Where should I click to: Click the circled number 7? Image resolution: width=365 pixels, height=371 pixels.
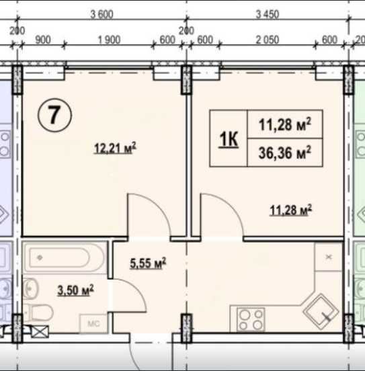[54, 115]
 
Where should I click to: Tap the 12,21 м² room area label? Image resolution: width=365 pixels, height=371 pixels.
[115, 149]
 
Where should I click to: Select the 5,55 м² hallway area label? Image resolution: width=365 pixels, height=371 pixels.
[148, 263]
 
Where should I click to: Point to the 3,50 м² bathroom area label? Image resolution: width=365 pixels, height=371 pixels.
[75, 290]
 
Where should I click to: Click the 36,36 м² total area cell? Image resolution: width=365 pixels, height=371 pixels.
[285, 153]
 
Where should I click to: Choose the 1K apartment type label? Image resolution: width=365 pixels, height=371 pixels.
[229, 139]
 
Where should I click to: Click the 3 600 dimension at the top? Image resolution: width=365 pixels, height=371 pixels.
[102, 14]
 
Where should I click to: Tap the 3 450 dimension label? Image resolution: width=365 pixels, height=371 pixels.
[268, 14]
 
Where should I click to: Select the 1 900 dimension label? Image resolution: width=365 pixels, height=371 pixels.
[109, 40]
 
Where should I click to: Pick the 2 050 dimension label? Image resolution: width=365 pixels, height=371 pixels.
[268, 40]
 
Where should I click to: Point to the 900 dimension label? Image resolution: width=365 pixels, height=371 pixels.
[43, 40]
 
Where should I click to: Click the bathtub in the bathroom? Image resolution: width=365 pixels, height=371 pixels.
[64, 257]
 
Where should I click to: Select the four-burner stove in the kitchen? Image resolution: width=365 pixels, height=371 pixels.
[251, 319]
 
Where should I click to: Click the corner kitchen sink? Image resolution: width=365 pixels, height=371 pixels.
[321, 312]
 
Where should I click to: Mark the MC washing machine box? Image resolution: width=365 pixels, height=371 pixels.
[93, 323]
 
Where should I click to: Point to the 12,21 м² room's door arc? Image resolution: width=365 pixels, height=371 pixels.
[156, 208]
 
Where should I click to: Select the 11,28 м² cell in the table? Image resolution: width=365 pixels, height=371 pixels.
[285, 124]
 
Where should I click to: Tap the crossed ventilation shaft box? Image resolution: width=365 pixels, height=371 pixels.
[40, 332]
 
